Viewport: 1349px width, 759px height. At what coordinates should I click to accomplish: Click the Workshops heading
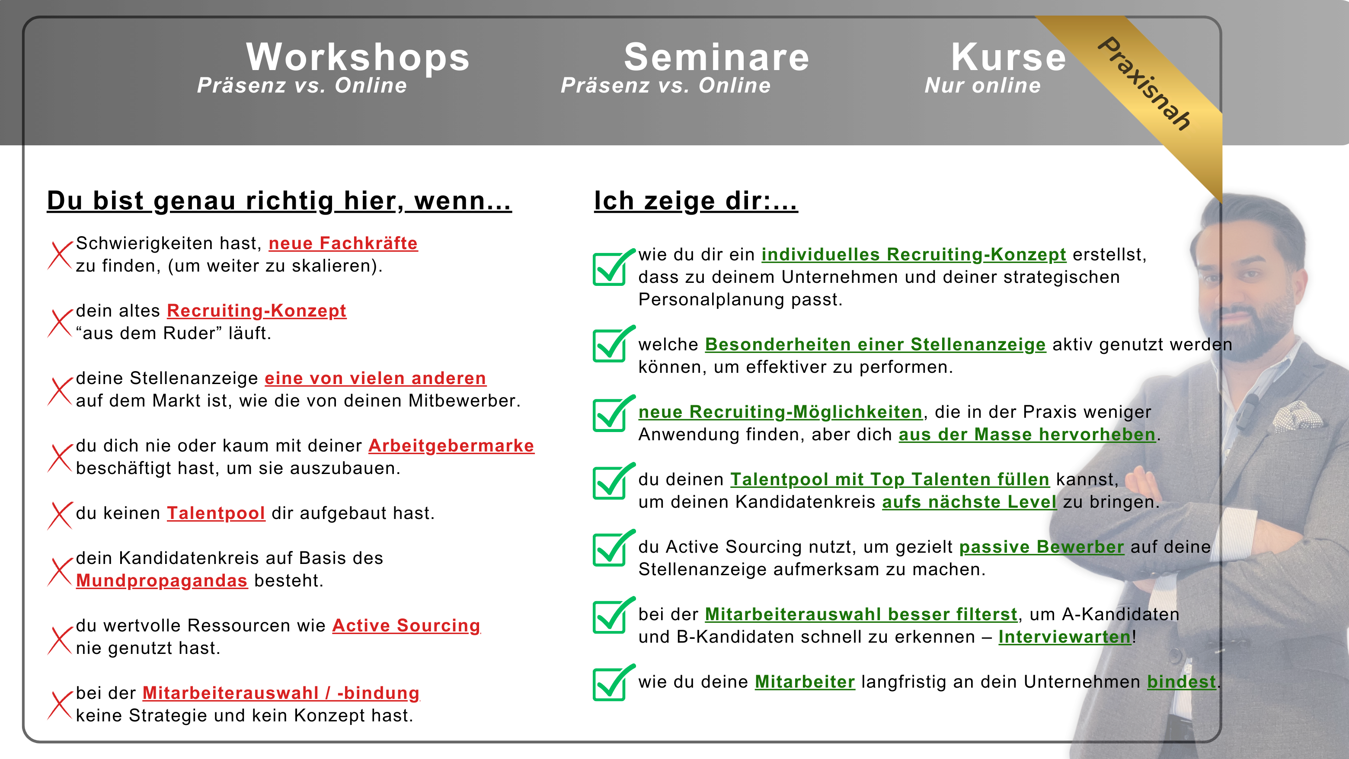pyautogui.click(x=358, y=57)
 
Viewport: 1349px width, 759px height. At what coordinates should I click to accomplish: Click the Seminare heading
pyautogui.click(x=716, y=57)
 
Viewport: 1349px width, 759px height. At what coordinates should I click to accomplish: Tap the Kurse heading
pyautogui.click(x=1008, y=57)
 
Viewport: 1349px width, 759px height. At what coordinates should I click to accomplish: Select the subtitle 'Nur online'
pyautogui.click(x=982, y=85)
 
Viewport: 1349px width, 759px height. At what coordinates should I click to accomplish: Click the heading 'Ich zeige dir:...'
pyautogui.click(x=696, y=201)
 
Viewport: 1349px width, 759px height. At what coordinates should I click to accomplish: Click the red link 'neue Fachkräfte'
pyautogui.click(x=343, y=243)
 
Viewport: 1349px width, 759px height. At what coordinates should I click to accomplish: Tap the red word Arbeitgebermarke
pyautogui.click(x=451, y=446)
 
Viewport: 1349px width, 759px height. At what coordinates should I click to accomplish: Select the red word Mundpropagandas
pyautogui.click(x=161, y=581)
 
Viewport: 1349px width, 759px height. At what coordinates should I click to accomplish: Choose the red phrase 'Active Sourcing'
pyautogui.click(x=406, y=626)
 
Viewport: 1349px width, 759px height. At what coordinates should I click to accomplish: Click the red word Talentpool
pyautogui.click(x=216, y=513)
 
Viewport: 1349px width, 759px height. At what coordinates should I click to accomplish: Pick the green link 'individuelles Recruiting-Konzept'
pyautogui.click(x=914, y=255)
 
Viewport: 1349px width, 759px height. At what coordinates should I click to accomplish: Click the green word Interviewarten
pyautogui.click(x=1064, y=637)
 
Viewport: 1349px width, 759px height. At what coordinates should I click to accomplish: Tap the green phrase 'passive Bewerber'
pyautogui.click(x=1042, y=547)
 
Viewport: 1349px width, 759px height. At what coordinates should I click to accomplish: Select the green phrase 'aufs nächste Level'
pyautogui.click(x=969, y=502)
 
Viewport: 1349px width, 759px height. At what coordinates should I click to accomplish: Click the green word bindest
pyautogui.click(x=1181, y=682)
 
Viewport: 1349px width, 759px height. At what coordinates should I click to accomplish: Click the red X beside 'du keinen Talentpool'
pyautogui.click(x=60, y=516)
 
